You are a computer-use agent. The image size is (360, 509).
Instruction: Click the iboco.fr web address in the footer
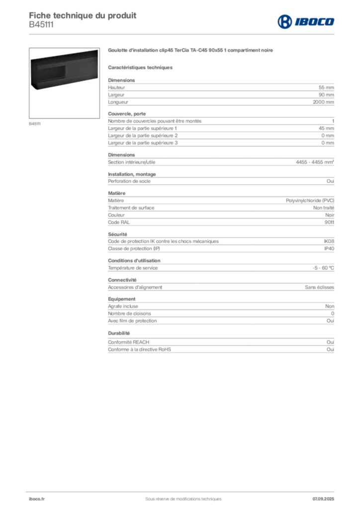coord(36,499)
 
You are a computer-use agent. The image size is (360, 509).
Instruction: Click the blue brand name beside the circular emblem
coord(315,21)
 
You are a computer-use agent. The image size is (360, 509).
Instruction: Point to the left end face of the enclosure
coord(33,75)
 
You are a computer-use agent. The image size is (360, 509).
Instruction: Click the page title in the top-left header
coord(83,13)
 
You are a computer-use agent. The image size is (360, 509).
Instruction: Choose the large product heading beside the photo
coord(190,50)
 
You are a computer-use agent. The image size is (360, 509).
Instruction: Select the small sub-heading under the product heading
coord(141,67)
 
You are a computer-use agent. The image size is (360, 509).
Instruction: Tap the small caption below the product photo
coord(36,123)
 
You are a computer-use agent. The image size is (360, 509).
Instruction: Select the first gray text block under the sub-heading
coord(220,93)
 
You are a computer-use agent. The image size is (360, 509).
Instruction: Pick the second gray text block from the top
coord(220,131)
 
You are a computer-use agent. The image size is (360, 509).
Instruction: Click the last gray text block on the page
coord(220,343)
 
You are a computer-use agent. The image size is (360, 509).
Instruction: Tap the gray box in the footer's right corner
coord(324,495)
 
